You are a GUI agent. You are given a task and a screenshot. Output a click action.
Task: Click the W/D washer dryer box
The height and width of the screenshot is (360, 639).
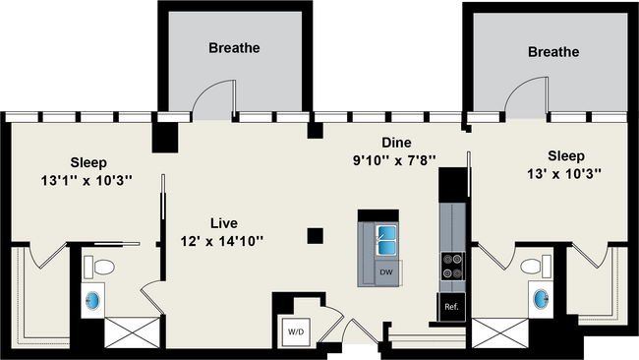coord(296,332)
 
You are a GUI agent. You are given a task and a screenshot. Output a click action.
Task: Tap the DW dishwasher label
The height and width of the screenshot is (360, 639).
coord(387,270)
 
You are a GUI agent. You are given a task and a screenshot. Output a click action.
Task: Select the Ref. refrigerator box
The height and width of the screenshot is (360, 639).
coord(451,307)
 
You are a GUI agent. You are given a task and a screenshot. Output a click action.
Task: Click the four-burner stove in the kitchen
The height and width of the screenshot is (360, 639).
coord(453,266)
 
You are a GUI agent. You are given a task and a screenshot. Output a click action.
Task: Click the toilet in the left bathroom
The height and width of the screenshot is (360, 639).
coord(99,267)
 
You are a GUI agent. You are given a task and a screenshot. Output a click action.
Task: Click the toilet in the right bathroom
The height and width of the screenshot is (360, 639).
coord(536,266)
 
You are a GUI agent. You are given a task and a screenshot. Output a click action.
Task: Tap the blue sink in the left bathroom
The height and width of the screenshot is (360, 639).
coord(94,299)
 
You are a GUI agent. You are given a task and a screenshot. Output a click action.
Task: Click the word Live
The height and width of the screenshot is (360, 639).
coord(223,222)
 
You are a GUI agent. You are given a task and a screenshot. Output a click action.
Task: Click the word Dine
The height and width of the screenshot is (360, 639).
coord(396,142)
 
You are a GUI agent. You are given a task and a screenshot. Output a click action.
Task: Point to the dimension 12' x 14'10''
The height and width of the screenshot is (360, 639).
coord(223,240)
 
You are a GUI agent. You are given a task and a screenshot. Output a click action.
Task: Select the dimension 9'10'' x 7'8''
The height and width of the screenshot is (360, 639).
coord(394,159)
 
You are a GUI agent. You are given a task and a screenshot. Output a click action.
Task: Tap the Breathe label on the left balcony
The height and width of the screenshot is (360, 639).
coord(235,47)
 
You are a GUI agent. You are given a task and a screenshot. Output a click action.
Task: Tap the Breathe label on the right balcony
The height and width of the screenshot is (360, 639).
coord(552,51)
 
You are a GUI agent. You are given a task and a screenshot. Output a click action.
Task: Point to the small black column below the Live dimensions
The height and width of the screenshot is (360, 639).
coord(315,235)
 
